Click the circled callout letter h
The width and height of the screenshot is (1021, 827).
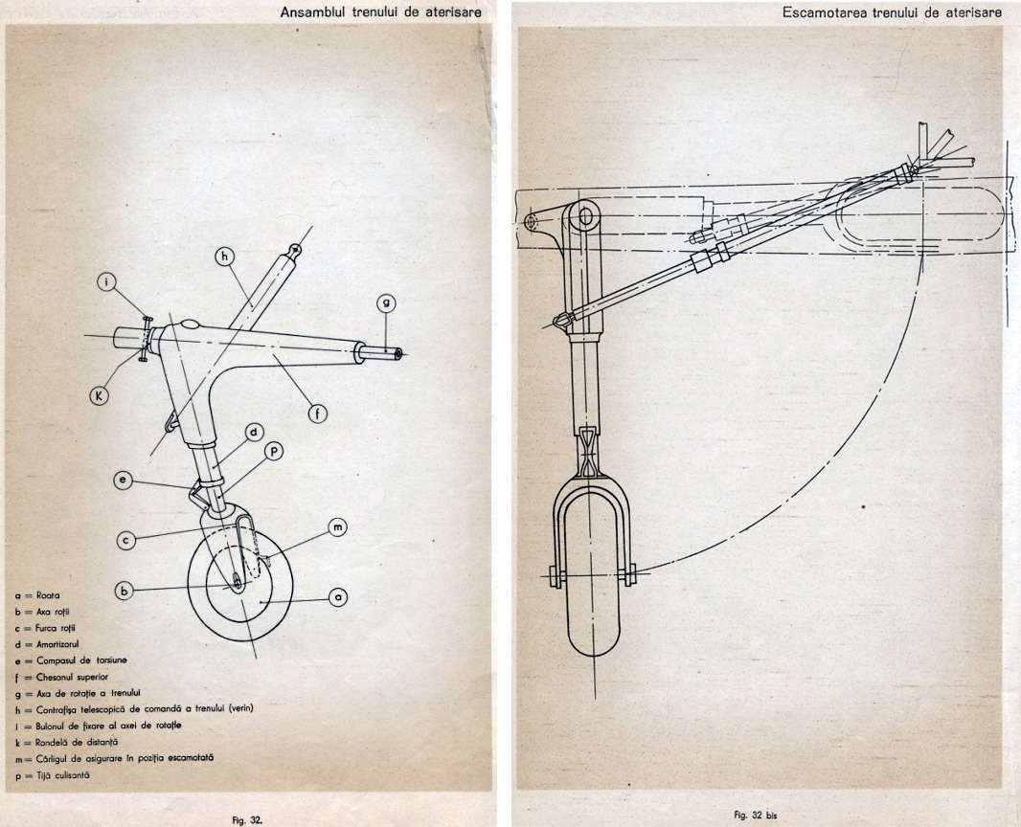pyautogui.click(x=225, y=257)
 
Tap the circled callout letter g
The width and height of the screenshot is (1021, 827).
pyautogui.click(x=386, y=302)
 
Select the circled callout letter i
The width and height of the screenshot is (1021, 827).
pyautogui.click(x=107, y=282)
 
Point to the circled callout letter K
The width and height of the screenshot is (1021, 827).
pyautogui.click(x=99, y=395)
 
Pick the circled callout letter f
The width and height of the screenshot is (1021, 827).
pyautogui.click(x=318, y=413)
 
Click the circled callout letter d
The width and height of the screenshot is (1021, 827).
pyautogui.click(x=255, y=432)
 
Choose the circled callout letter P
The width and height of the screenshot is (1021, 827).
pyautogui.click(x=274, y=451)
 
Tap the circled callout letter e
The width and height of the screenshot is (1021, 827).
pyautogui.click(x=123, y=481)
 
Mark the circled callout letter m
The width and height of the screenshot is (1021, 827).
pyautogui.click(x=337, y=527)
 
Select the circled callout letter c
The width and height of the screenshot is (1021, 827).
pyautogui.click(x=126, y=540)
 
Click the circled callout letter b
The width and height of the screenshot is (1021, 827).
pyautogui.click(x=124, y=591)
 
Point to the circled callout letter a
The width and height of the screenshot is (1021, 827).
pyautogui.click(x=338, y=596)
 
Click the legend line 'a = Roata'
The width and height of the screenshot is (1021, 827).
pyautogui.click(x=37, y=595)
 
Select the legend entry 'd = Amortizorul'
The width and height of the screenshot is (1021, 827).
pyautogui.click(x=47, y=644)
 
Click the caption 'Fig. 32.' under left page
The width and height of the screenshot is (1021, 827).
pyautogui.click(x=247, y=820)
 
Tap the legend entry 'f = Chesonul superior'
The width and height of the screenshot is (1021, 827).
pyautogui.click(x=61, y=677)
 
